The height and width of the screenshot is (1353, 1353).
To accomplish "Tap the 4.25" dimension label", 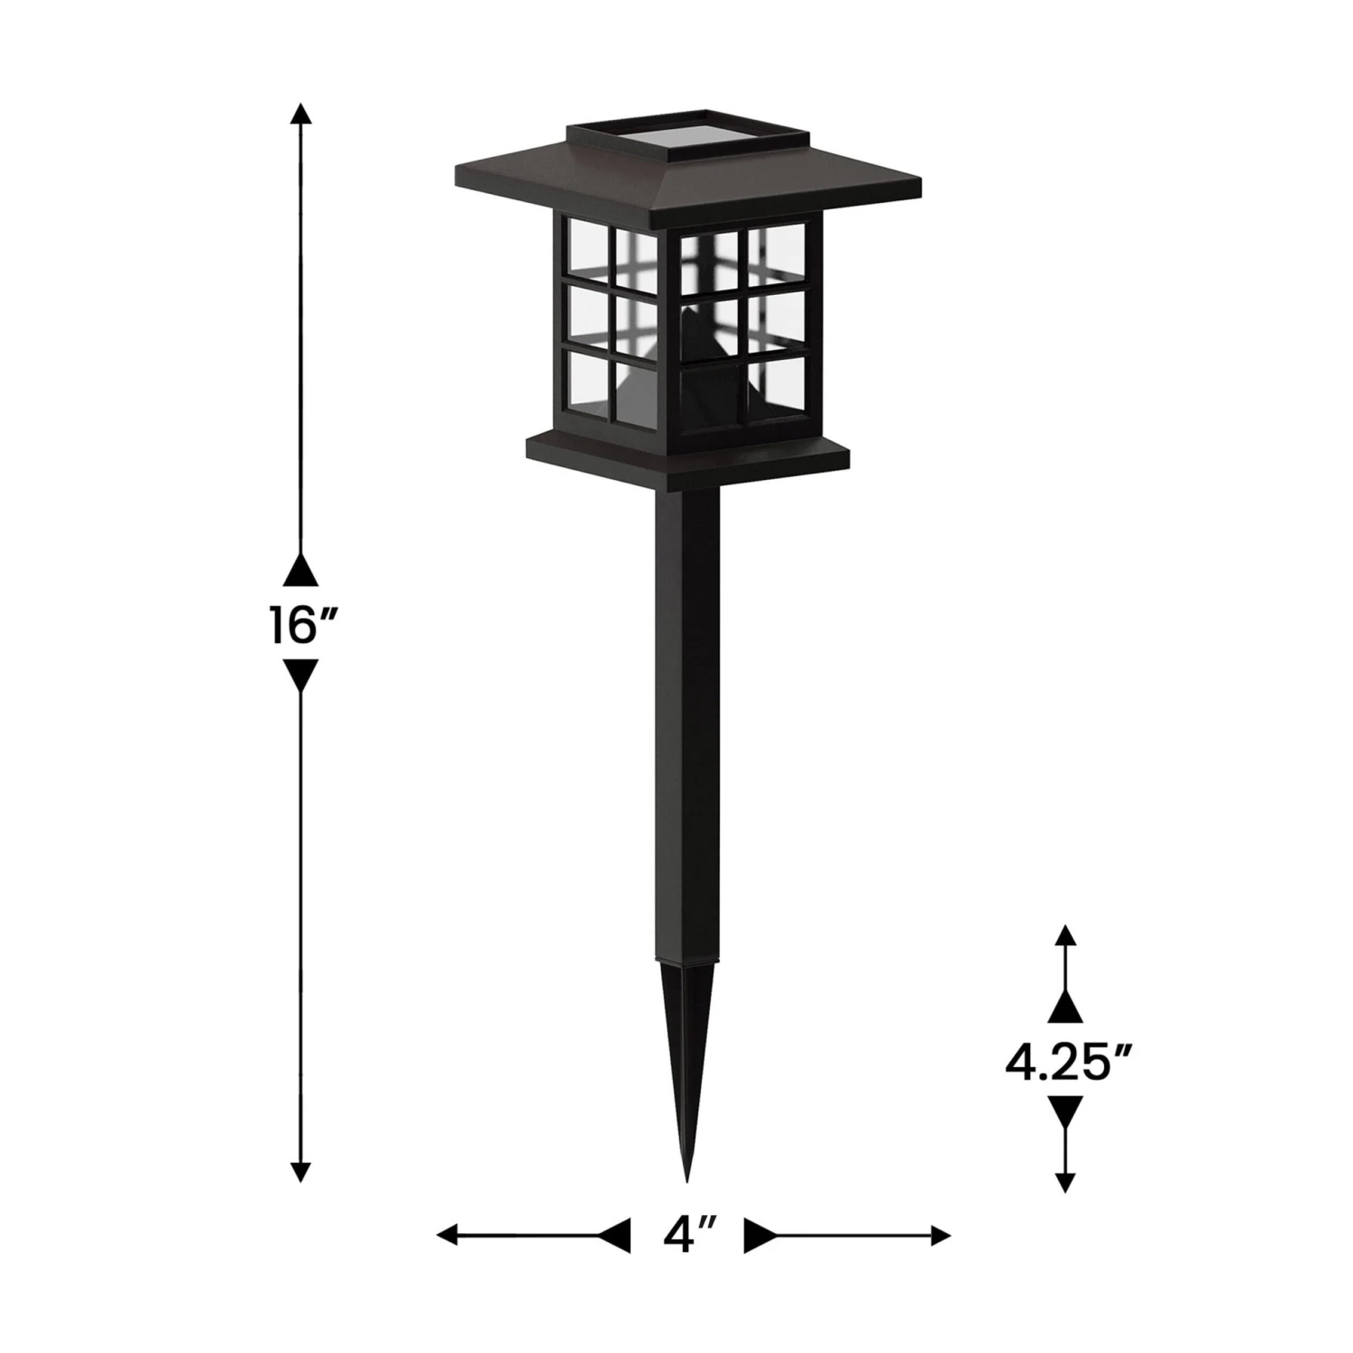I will pos(1069,1063).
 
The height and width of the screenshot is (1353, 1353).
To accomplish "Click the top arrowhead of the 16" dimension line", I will pos(301,113).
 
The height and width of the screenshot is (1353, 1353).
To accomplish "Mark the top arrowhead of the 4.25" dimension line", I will pos(1066,934).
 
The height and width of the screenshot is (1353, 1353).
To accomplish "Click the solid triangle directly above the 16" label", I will pos(301,571).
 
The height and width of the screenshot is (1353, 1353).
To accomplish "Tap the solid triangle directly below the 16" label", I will pos(301,675).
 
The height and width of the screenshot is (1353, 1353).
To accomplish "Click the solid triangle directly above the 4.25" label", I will pos(1066,1008).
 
